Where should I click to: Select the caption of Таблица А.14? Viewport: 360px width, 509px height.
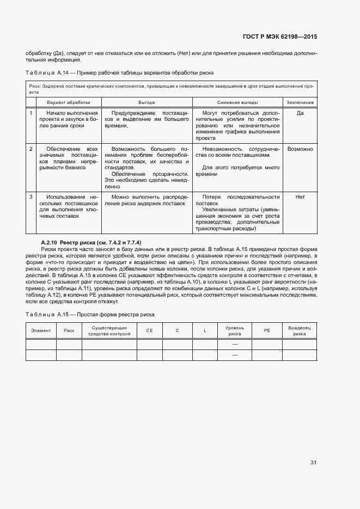(x=119, y=72)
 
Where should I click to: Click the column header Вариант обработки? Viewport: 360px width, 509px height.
(x=68, y=102)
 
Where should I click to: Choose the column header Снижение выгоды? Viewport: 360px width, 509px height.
(x=237, y=102)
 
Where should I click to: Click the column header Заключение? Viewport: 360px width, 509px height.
(x=300, y=102)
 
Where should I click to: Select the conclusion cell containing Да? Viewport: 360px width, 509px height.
(x=300, y=113)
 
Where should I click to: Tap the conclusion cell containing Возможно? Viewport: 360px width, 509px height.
(x=300, y=149)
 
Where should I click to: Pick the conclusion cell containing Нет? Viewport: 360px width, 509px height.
(x=300, y=197)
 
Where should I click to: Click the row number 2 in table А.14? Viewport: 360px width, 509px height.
(x=31, y=149)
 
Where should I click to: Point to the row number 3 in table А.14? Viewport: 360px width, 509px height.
(x=31, y=197)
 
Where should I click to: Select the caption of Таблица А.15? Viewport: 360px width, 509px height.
(x=90, y=315)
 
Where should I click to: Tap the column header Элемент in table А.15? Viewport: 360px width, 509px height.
(x=41, y=330)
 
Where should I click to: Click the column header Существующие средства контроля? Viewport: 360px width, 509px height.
(x=109, y=330)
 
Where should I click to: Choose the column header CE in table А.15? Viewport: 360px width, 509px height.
(x=149, y=330)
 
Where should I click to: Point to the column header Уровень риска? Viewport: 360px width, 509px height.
(x=235, y=330)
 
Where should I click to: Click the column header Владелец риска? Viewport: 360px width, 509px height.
(x=299, y=330)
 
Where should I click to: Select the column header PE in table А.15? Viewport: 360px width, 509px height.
(x=267, y=330)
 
